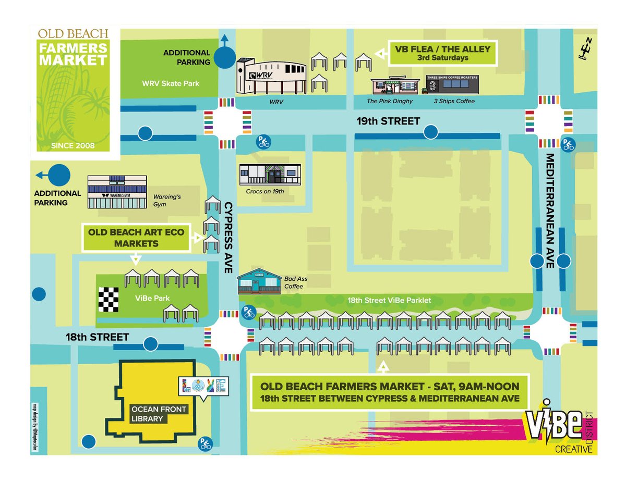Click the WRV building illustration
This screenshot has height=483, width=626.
271,76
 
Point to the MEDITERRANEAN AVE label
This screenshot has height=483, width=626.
549,210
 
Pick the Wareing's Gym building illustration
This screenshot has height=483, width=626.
117,192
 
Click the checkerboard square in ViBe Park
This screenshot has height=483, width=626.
109,299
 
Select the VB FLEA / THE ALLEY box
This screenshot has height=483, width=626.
443,53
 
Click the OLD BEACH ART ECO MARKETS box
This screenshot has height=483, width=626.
136,238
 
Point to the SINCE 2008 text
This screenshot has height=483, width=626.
73,146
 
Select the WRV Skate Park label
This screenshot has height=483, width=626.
163,83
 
